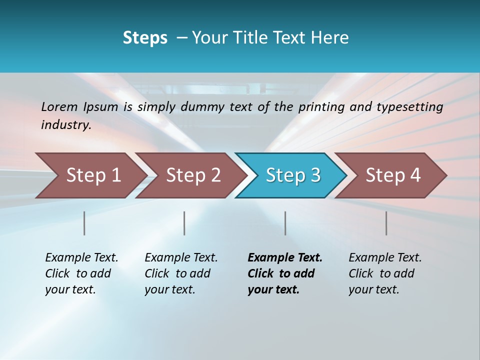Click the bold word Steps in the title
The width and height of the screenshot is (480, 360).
(145, 38)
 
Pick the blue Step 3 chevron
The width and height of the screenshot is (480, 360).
(292, 175)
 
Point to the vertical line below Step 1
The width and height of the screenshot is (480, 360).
(84, 223)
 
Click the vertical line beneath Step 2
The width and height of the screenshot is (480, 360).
(184, 223)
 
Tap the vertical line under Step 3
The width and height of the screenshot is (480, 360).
(285, 223)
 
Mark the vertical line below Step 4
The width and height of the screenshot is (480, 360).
(386, 223)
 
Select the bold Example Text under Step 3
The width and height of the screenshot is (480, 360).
(285, 258)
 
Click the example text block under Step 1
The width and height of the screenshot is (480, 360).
(81, 273)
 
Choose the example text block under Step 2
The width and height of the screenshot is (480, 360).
(181, 273)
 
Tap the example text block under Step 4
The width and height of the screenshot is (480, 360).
(385, 273)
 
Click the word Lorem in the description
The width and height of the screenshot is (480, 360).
(59, 107)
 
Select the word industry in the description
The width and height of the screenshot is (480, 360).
(65, 125)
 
